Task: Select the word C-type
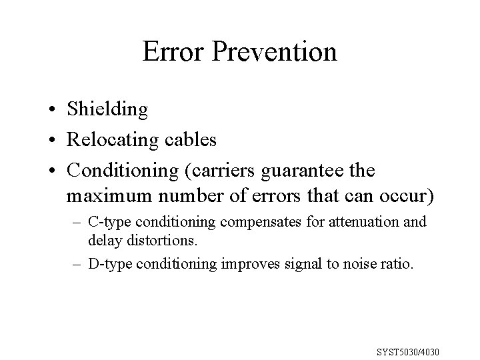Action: (107, 221)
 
